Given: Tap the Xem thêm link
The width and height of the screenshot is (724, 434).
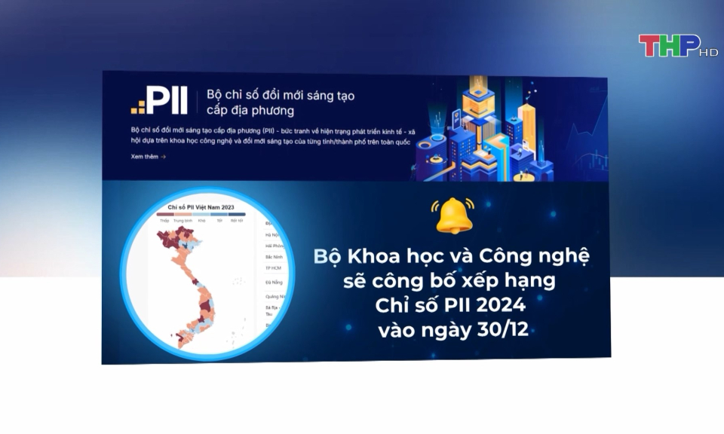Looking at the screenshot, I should pyautogui.click(x=148, y=157).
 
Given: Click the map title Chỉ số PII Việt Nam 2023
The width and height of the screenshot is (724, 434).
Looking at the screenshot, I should pyautogui.click(x=201, y=206).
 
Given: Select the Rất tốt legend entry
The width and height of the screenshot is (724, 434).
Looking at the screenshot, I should pyautogui.click(x=237, y=221).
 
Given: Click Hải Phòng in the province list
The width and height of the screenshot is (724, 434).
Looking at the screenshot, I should pyautogui.click(x=274, y=246).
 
